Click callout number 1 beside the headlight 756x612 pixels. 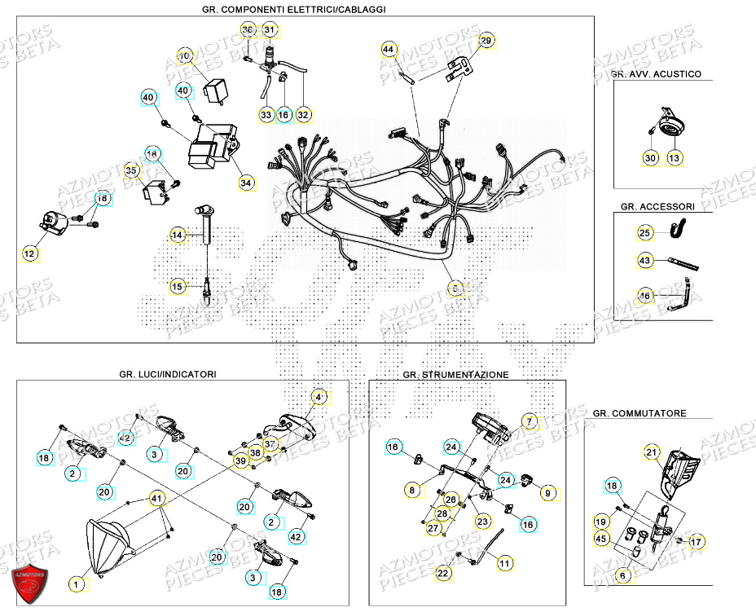click(77, 583)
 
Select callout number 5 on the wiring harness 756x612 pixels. click(456, 288)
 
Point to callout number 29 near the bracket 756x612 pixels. click(486, 41)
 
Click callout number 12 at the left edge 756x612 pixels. click(29, 254)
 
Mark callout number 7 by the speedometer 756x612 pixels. click(530, 422)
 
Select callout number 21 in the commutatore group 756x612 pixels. click(652, 452)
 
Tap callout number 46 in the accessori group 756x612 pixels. click(644, 296)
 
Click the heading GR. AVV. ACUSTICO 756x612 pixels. click(656, 74)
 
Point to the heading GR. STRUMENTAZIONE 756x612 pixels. click(455, 375)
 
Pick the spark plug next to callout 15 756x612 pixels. click(209, 288)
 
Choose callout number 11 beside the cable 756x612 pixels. click(505, 563)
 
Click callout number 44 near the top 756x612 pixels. click(389, 51)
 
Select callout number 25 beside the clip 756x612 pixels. click(644, 234)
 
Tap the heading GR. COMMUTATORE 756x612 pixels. click(640, 413)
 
